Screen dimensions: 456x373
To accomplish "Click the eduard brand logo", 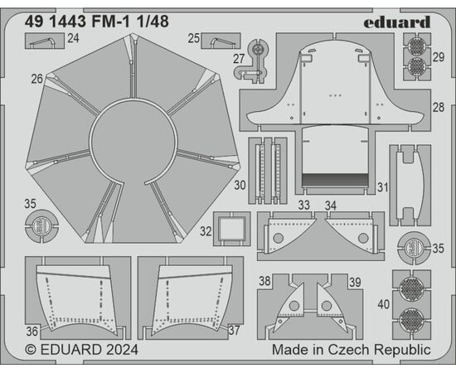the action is [396, 22].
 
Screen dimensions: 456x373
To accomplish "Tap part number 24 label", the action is [73, 38].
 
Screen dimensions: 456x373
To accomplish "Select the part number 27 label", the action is [239, 59].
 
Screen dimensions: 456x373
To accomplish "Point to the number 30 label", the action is [240, 185].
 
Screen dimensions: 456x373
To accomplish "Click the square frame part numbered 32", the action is [232, 229].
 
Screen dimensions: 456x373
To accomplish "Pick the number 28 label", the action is [439, 107].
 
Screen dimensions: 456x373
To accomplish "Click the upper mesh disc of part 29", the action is [417, 46].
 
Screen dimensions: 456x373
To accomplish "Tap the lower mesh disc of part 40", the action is [411, 319].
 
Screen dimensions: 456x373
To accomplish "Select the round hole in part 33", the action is [279, 238].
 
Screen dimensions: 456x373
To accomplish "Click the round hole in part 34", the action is [363, 238].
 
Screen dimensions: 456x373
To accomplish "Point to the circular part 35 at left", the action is [41, 225].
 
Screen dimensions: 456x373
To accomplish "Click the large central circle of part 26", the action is [133, 142].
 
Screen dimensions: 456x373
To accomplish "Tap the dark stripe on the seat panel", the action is [335, 180].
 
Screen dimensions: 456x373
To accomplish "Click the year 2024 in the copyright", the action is [122, 350].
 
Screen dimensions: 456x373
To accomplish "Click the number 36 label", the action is [32, 332].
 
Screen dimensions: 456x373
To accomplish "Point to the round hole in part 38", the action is [294, 306].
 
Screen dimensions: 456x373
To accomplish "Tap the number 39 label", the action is [355, 282].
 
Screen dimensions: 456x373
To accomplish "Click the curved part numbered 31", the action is [410, 185].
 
